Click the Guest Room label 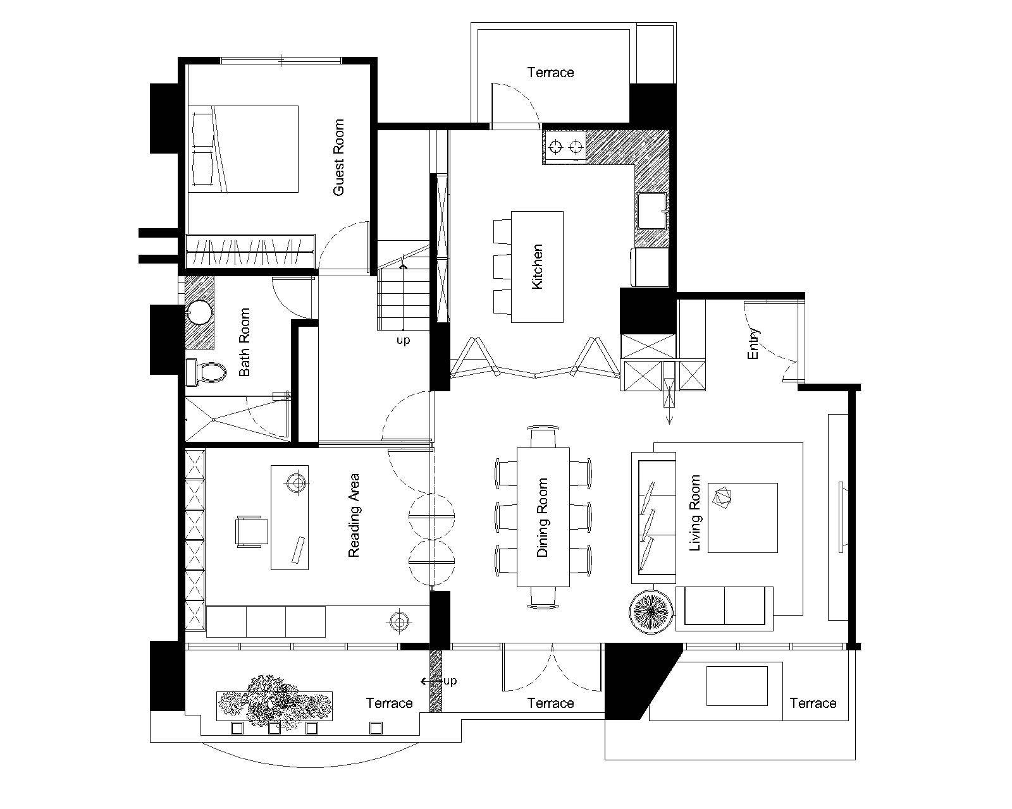[x=338, y=157]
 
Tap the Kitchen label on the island [x=536, y=267]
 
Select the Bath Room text [x=244, y=342]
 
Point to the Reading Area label [x=354, y=515]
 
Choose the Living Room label [x=694, y=513]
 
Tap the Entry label [x=753, y=344]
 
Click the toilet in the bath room [x=206, y=372]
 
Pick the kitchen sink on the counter [x=652, y=210]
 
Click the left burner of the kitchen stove [x=557, y=147]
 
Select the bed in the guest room [x=243, y=149]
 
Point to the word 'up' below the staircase [x=403, y=340]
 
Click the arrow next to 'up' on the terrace [x=430, y=681]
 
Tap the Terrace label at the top [x=550, y=73]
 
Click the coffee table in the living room [x=743, y=518]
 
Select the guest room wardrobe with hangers [x=250, y=252]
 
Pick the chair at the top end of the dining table [x=543, y=437]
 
